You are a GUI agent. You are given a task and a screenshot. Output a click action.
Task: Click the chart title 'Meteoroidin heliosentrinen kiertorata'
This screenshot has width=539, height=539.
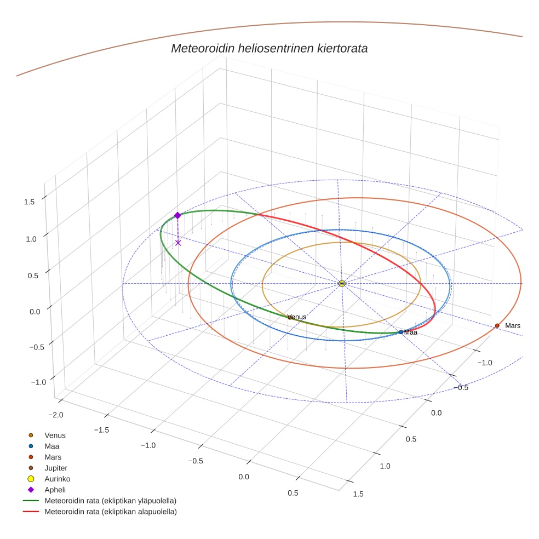coord(269,48)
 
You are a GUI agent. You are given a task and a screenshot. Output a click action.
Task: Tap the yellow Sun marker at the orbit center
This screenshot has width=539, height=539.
coord(342,283)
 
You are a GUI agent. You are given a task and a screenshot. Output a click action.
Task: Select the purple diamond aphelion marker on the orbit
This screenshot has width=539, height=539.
coord(177,215)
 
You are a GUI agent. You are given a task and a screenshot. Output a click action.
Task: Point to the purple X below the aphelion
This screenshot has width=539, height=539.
coord(178,243)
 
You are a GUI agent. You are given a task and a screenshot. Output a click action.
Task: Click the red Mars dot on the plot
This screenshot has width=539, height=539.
coord(497,325)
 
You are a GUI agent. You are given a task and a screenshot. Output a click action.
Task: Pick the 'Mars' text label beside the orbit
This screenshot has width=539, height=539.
coord(513,326)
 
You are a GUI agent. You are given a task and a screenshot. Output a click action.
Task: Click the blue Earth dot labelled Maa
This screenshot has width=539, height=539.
coord(401,332)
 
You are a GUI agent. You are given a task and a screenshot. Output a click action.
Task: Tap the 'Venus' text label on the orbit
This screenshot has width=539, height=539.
coord(297,317)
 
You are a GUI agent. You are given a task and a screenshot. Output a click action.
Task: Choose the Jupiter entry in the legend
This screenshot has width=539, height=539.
coord(55,468)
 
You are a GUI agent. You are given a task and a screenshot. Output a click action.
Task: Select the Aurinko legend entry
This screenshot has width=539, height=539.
coord(57,479)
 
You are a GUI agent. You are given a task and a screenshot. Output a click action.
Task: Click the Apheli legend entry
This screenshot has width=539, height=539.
coord(55,490)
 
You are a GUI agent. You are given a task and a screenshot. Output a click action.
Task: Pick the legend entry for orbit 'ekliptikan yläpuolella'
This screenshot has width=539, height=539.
coord(110,501)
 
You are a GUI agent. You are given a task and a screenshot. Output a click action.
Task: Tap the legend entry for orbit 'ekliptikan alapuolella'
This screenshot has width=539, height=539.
coord(110,512)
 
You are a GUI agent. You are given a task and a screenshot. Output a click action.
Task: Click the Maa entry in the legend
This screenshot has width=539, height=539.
coord(51,446)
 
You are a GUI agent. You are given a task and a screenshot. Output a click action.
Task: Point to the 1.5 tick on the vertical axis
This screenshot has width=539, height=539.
coord(30,202)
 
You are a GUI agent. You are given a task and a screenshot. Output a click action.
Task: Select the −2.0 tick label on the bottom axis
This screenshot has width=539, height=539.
coord(56,414)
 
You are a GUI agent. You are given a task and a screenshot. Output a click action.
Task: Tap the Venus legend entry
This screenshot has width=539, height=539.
coord(55,435)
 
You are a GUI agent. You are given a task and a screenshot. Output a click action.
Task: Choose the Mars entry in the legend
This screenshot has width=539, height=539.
coord(53,457)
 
